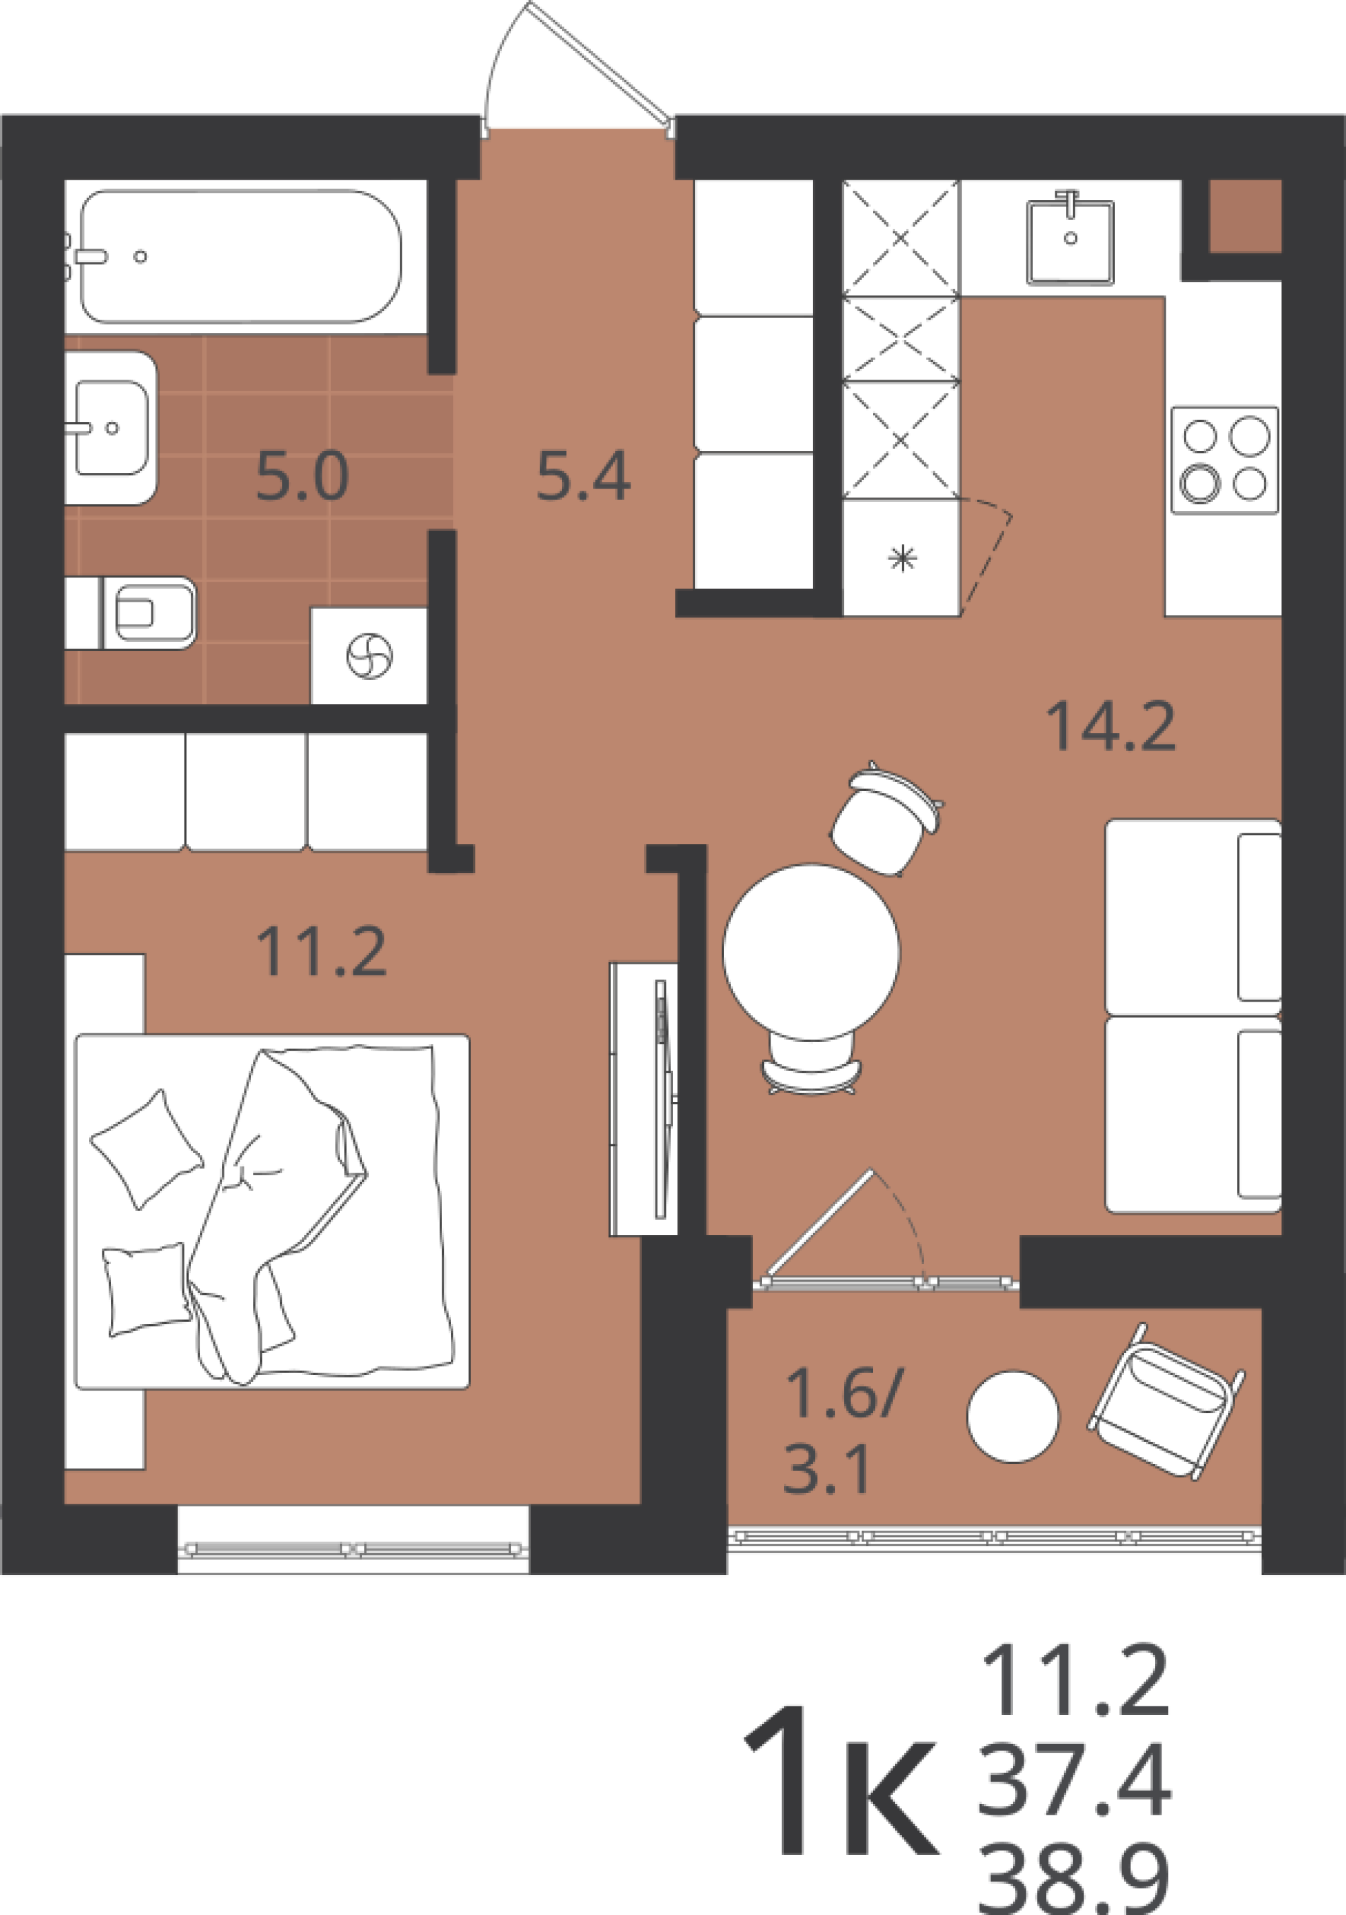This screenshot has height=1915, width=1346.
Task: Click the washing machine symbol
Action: (x=369, y=656)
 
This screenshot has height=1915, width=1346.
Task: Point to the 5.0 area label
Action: (x=302, y=477)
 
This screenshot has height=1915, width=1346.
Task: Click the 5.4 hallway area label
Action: (x=583, y=477)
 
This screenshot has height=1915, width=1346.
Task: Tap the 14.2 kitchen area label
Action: (x=1111, y=726)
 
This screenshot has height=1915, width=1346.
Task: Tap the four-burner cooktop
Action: (x=1224, y=460)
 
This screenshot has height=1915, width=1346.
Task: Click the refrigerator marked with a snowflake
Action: (x=902, y=557)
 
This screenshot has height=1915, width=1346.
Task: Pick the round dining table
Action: (x=810, y=952)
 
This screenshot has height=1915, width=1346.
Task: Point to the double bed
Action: (x=272, y=1212)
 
